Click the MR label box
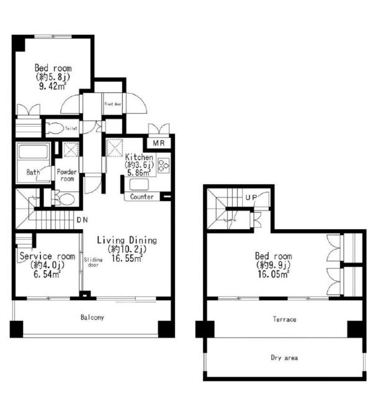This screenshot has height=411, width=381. [x=158, y=143]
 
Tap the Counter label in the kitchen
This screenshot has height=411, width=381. [x=141, y=197]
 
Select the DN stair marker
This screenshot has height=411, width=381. [x=83, y=220]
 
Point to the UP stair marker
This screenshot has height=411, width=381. [x=251, y=197]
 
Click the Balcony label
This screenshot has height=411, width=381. [x=92, y=317]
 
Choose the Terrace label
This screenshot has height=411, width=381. [x=285, y=319]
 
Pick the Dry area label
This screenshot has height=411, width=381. [x=284, y=358]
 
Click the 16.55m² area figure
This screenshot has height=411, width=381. [x=127, y=258]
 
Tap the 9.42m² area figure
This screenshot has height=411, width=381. [x=52, y=86]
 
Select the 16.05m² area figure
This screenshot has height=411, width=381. [x=274, y=274]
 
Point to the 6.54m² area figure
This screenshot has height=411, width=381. [x=47, y=274]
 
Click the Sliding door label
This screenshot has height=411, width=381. [x=93, y=263]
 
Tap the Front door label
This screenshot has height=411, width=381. [x=113, y=104]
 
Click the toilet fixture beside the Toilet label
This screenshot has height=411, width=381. [x=56, y=128]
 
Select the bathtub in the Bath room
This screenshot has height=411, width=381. [x=34, y=151]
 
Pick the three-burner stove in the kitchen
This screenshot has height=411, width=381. [x=164, y=165]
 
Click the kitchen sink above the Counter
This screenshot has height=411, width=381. [x=139, y=184]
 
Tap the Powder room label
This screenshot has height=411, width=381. [x=67, y=175]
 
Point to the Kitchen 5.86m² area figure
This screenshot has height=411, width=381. [x=139, y=173]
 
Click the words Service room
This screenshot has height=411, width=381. [x=47, y=256]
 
